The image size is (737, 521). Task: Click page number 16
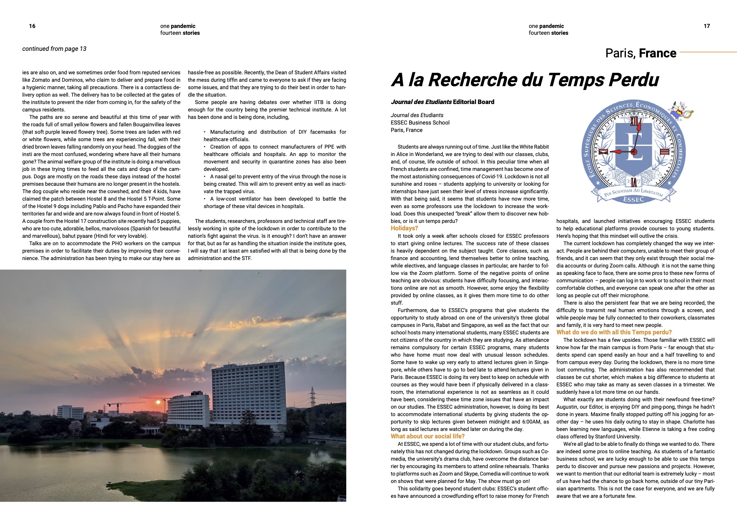point(32,26)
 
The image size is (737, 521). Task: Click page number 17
point(706,26)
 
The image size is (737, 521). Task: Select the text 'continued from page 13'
point(54,49)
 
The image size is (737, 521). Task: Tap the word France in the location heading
point(657,53)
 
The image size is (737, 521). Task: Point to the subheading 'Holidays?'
point(404,228)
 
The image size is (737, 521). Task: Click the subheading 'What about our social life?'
point(428,436)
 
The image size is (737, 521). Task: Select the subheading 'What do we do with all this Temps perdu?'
point(614,332)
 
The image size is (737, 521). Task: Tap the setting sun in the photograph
point(158,402)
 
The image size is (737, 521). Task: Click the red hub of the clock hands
point(634,152)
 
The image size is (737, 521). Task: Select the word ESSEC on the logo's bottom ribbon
point(633,199)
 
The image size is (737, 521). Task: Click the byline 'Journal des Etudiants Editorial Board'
point(442,102)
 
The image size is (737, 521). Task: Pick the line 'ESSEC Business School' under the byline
point(420,123)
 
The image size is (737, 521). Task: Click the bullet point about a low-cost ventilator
point(275,203)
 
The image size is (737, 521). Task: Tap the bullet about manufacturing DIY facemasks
point(275,136)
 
